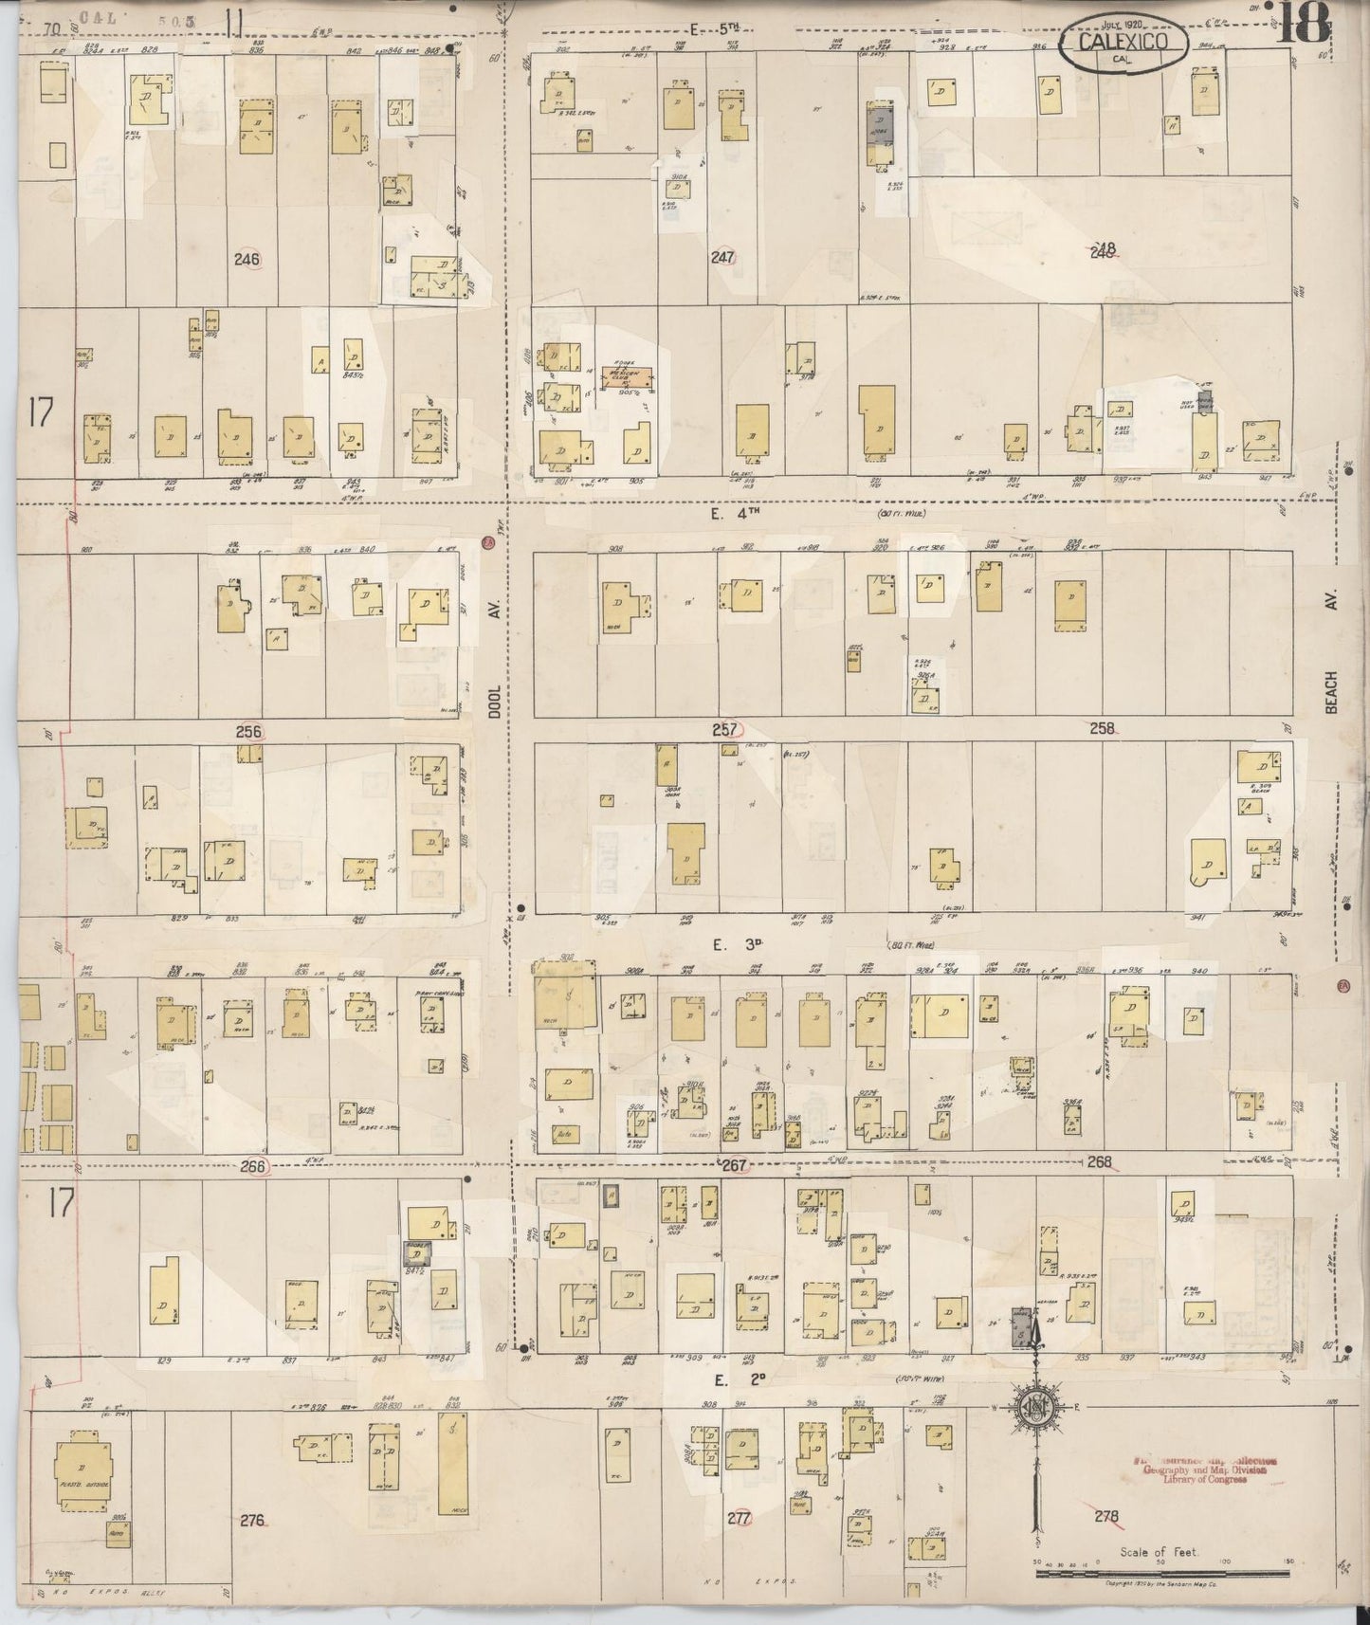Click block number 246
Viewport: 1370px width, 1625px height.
point(247,258)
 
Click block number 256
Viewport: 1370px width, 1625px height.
point(248,731)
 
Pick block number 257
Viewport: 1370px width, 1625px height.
point(728,729)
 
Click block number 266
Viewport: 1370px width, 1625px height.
point(253,1167)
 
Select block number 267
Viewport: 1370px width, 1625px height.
point(735,1164)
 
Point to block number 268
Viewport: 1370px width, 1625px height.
point(1100,1161)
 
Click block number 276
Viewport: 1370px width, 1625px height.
point(252,1520)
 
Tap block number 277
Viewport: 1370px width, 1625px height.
point(739,1518)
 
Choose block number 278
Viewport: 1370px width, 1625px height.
point(1105,1516)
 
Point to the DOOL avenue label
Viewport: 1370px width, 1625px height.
point(494,665)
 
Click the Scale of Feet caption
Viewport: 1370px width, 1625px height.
point(1159,1552)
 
